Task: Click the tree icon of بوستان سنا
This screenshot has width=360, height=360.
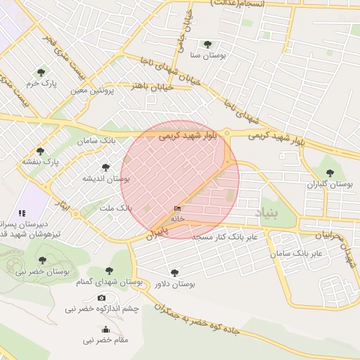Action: (207, 44)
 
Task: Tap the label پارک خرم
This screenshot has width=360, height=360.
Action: (41, 84)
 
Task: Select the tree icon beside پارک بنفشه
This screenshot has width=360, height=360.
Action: (40, 151)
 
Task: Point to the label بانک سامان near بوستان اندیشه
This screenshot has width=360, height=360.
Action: (99, 141)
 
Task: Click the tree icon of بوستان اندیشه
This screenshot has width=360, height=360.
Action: (105, 167)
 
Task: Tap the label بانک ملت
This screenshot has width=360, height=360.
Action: (115, 209)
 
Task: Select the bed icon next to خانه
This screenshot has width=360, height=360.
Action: (176, 210)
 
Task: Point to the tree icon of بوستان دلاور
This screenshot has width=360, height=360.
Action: (174, 273)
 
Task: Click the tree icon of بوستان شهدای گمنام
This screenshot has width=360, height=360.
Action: (108, 270)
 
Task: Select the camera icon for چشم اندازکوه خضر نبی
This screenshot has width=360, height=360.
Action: (102, 298)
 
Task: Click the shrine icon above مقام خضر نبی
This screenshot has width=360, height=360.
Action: (106, 329)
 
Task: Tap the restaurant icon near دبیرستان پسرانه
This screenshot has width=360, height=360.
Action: (22, 212)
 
